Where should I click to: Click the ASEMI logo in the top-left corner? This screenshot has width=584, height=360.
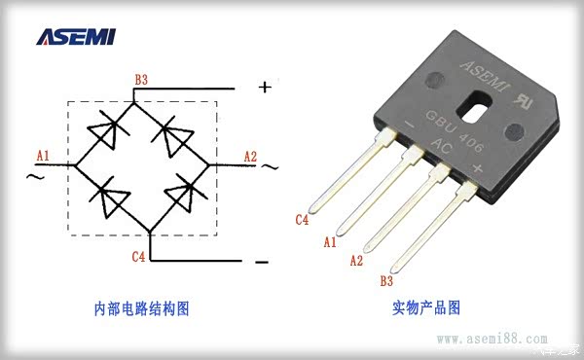(75, 37)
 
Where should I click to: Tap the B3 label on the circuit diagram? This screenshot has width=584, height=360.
(141, 79)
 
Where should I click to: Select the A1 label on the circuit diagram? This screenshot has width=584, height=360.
(42, 155)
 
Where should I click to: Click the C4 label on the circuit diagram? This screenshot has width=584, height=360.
(139, 258)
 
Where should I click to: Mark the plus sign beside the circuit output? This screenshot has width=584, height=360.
(264, 87)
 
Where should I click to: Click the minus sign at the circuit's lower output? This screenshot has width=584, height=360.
(261, 263)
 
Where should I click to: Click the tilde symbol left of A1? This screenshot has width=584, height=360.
(33, 177)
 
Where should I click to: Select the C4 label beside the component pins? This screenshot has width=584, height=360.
(303, 220)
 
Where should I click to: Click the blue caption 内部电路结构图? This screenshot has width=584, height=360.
(141, 308)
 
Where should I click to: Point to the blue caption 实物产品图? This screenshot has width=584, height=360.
(425, 308)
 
